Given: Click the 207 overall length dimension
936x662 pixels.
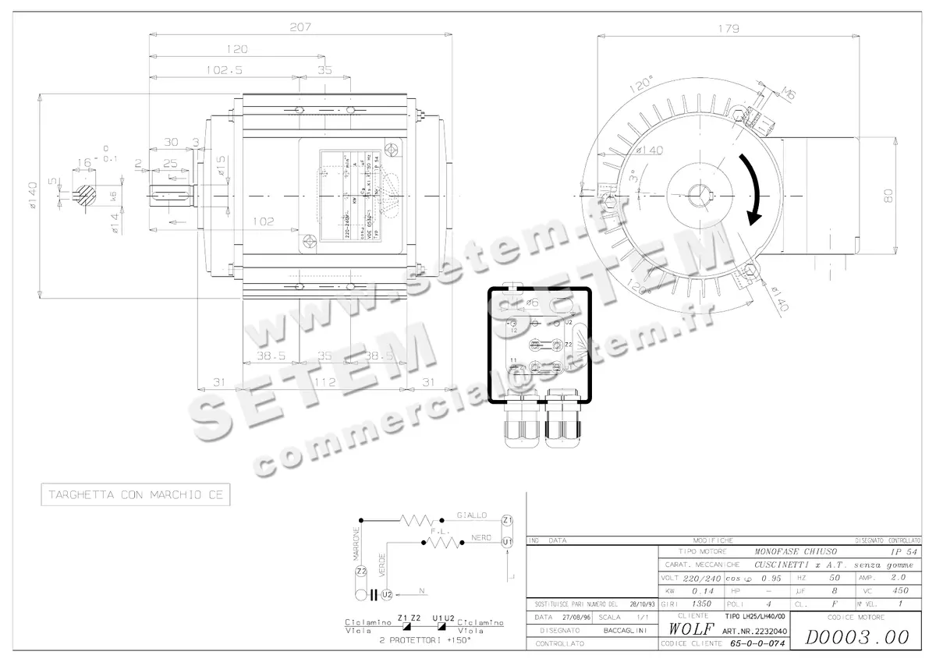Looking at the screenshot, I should (x=300, y=27).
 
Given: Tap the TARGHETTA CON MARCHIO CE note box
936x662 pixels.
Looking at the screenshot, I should (x=136, y=495).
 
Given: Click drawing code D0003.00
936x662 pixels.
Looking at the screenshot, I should (x=856, y=637).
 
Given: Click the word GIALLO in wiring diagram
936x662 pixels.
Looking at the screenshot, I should (x=472, y=515).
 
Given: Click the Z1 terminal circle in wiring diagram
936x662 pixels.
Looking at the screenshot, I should (x=507, y=520).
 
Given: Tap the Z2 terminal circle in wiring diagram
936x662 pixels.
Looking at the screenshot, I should (x=360, y=572).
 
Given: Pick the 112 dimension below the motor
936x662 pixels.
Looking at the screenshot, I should (x=325, y=382).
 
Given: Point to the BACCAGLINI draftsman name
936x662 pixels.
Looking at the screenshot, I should (x=626, y=629).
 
